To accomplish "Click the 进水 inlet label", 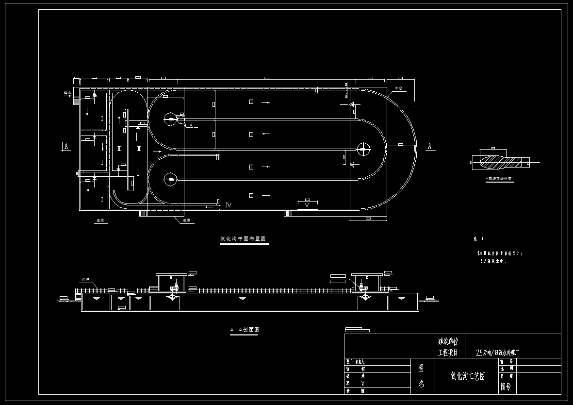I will [x=67, y=92].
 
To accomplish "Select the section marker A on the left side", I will [x=65, y=146].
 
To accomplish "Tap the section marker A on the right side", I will [x=429, y=146].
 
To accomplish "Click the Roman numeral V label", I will [x=306, y=205].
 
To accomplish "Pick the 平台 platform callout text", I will [x=398, y=89].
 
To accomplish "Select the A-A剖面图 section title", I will [x=244, y=329].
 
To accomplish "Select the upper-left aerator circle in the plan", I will [x=170, y=118].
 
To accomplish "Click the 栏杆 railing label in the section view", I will [x=86, y=280].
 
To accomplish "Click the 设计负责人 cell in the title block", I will [x=357, y=362].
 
